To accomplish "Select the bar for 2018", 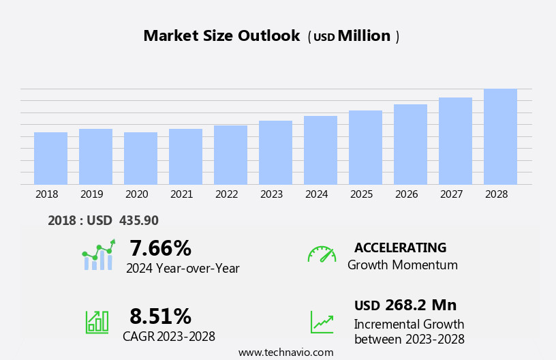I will (x=50, y=158).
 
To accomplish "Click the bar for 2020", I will (x=140, y=158).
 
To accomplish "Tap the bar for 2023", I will (x=275, y=153).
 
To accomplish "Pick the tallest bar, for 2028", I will (x=500, y=136).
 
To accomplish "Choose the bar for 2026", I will (x=410, y=145).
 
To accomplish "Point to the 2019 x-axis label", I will (x=91, y=194).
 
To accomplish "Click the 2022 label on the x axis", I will (x=226, y=194).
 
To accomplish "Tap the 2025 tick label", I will (x=361, y=194).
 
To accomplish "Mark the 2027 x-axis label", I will (x=451, y=194).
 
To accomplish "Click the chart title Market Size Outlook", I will (x=221, y=36).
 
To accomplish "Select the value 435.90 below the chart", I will (x=138, y=221).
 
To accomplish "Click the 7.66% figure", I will (x=160, y=248).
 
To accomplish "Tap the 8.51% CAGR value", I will (x=160, y=316).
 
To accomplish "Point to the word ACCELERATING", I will (x=400, y=248).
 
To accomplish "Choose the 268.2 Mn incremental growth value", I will (x=420, y=305).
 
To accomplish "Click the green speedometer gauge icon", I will (x=322, y=255).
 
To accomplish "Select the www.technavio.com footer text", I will (x=285, y=352).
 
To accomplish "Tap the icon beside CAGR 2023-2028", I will (x=97, y=321).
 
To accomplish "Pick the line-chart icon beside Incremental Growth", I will (x=322, y=321).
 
